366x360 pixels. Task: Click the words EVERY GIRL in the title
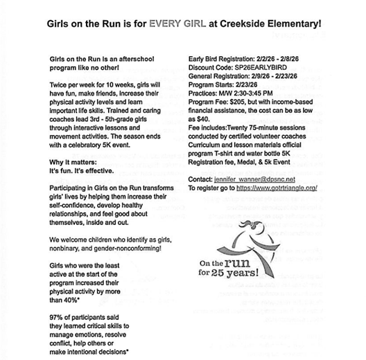[202, 23]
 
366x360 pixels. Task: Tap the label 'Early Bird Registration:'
[222, 58]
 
